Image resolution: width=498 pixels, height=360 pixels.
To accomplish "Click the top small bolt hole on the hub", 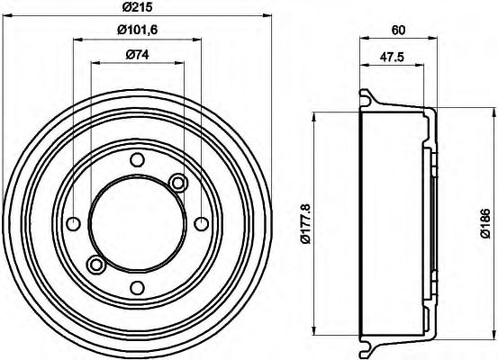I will [137, 160].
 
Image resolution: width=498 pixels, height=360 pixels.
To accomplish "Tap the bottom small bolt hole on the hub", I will [137, 287].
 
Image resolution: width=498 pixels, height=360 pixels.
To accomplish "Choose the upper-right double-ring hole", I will [178, 184].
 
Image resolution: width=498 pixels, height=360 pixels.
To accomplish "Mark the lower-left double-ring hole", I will [95, 264].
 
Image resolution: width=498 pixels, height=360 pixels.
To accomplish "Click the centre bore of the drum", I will [137, 223].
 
